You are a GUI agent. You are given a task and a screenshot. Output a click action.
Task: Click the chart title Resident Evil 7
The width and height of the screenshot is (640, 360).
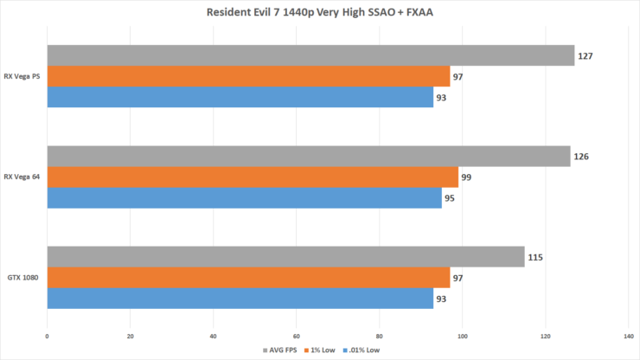(x=320, y=13)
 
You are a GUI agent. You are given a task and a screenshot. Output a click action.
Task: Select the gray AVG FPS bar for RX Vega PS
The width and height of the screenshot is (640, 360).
(x=310, y=55)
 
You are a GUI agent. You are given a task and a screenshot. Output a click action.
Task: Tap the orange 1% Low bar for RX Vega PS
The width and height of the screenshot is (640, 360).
(x=248, y=76)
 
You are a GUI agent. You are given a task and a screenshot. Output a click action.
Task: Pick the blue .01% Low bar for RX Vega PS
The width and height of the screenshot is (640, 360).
(x=240, y=97)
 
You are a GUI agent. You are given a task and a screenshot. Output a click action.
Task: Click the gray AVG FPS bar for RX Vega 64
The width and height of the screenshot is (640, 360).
(x=308, y=156)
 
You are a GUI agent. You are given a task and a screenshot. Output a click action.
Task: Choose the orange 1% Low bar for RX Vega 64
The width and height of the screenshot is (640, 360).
(x=253, y=177)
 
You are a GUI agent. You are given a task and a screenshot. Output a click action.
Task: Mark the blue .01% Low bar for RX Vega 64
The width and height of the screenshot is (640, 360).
(x=244, y=198)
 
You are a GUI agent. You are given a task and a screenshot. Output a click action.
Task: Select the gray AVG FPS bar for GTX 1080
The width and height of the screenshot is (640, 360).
(x=285, y=256)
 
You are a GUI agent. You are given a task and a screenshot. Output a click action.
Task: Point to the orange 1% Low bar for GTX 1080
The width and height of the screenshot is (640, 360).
(x=248, y=278)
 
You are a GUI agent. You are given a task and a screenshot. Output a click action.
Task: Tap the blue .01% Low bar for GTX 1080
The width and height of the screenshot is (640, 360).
(x=240, y=299)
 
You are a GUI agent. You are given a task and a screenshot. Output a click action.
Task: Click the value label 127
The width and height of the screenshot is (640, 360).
(x=586, y=56)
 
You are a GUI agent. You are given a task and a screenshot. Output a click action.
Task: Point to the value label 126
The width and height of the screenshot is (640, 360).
(x=582, y=157)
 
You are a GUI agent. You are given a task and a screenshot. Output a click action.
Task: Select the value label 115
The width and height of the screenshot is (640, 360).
(x=537, y=257)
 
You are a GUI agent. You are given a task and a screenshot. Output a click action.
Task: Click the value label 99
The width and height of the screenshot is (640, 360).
(x=467, y=177)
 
